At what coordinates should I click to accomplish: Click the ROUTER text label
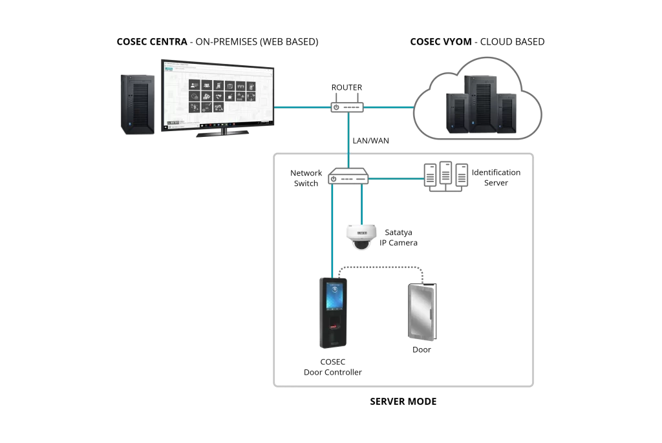[x=347, y=87]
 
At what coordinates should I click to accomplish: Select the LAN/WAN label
[x=370, y=141]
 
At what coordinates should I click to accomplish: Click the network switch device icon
[x=348, y=176]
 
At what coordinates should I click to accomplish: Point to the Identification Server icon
[x=446, y=176]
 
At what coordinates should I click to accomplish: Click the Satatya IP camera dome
[x=361, y=237]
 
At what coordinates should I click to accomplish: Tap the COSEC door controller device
[x=333, y=313]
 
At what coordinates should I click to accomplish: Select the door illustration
[x=422, y=312]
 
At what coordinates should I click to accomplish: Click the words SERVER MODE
[x=403, y=401]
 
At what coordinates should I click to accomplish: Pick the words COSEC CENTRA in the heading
[x=152, y=42]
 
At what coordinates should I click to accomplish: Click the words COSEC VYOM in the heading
[x=441, y=42]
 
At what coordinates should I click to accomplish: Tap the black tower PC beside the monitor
[x=138, y=105]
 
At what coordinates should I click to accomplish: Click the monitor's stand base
[x=222, y=134]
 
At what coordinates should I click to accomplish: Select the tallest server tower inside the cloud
[x=480, y=104]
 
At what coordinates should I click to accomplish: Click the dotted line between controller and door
[x=380, y=267]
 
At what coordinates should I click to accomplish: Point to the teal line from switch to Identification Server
[x=396, y=178]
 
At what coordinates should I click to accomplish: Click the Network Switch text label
[x=306, y=178]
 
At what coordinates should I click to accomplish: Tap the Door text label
[x=422, y=349]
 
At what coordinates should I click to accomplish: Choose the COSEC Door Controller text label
[x=333, y=367]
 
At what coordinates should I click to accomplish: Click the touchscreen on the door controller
[x=334, y=296]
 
